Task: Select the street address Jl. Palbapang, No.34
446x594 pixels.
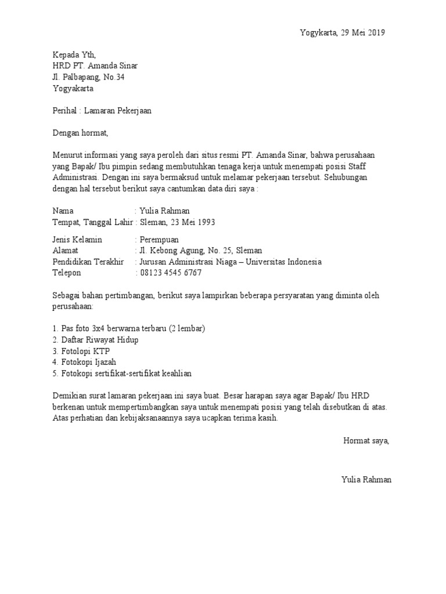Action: click(x=88, y=77)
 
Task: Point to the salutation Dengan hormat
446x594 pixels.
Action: click(x=80, y=133)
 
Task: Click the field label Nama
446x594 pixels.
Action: click(x=63, y=211)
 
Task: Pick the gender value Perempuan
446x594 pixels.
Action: click(x=159, y=240)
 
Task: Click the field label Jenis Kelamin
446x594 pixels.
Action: click(x=77, y=240)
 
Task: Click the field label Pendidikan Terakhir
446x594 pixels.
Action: click(x=88, y=262)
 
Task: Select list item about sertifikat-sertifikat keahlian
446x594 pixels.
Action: click(x=122, y=373)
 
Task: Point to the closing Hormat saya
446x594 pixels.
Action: click(x=366, y=441)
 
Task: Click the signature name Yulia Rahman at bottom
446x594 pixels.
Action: click(x=366, y=480)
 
